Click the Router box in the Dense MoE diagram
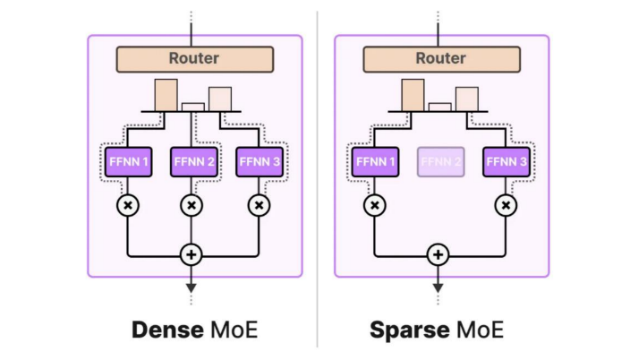click(193, 58)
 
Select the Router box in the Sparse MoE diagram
click(440, 58)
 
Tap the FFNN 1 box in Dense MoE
click(126, 162)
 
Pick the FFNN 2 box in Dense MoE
click(192, 162)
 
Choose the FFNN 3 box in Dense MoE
click(260, 162)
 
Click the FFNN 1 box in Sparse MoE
click(374, 162)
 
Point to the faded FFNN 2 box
click(440, 162)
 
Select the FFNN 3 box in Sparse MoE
click(507, 162)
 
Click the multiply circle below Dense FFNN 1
click(127, 205)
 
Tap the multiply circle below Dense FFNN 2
click(192, 205)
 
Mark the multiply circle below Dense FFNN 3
click(259, 205)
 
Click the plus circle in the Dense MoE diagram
click(191, 254)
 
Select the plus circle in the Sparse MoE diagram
click(438, 254)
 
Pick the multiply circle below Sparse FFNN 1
click(375, 205)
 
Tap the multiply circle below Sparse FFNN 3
click(507, 205)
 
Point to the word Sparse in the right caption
click(409, 330)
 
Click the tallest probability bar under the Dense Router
click(166, 94)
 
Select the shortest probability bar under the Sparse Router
click(439, 107)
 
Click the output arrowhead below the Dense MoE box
click(191, 287)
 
